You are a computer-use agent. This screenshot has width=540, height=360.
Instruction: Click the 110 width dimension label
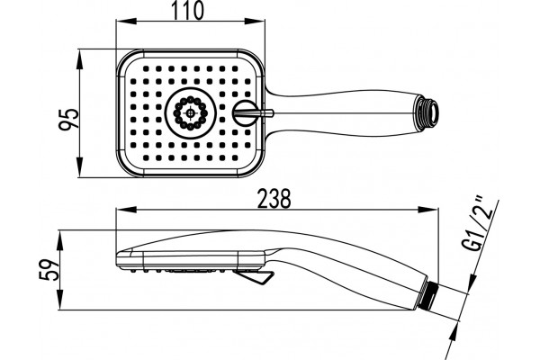tap(188, 10)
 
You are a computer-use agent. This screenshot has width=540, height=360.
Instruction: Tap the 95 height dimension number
tap(68, 120)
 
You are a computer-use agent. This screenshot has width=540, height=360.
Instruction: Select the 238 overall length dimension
tap(274, 198)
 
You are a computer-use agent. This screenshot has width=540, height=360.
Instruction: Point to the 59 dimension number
tap(49, 270)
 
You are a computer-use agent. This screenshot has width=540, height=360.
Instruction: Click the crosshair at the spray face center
tap(190, 113)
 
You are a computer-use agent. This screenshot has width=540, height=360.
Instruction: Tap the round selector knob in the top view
tap(245, 113)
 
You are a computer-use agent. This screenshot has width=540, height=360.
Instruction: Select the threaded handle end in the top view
tap(428, 113)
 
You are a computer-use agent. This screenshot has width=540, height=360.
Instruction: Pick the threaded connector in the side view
tap(429, 292)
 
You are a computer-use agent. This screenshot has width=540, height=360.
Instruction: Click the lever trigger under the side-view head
tap(254, 277)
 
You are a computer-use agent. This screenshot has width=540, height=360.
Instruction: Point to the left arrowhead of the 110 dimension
tap(126, 22)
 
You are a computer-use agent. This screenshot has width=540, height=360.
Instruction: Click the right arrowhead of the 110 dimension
tap(255, 22)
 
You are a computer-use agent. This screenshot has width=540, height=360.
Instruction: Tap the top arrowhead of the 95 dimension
tap(79, 59)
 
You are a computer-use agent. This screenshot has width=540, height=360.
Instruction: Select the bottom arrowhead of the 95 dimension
tap(79, 167)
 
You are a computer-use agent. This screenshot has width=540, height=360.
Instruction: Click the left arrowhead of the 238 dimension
tap(126, 209)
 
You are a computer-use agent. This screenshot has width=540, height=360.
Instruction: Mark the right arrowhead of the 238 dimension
tap(428, 209)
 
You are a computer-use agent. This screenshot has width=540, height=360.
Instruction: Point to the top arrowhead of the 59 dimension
tap(60, 241)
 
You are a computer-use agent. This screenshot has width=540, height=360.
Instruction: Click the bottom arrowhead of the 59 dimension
tap(60, 300)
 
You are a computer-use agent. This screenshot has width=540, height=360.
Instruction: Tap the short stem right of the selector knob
tap(265, 113)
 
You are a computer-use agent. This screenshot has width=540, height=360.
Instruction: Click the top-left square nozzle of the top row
tap(146, 68)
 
